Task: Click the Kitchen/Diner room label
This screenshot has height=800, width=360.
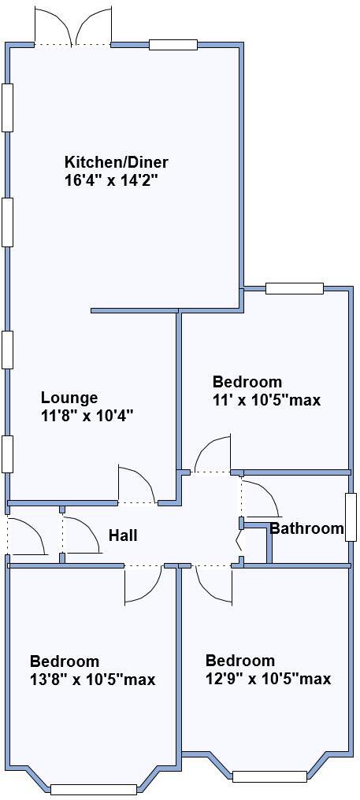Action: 117,163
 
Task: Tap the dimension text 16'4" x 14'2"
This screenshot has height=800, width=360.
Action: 117,180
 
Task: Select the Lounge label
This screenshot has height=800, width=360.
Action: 69,398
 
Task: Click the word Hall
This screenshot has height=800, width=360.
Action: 123,535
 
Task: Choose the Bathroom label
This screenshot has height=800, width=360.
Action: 307,528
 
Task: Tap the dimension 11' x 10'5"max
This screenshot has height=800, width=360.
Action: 266,400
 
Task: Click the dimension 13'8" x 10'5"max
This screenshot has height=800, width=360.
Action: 92,679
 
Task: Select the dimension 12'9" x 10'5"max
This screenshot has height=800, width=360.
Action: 268,679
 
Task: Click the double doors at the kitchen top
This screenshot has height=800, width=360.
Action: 73,28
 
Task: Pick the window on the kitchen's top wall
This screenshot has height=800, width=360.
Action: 173,45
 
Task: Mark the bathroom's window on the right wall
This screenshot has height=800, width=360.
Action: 351,517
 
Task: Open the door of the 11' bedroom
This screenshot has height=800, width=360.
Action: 213,456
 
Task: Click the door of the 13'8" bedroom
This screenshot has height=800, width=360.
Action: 143,582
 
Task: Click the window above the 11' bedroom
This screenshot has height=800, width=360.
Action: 295,288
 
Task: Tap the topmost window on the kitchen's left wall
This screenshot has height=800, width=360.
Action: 8,107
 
